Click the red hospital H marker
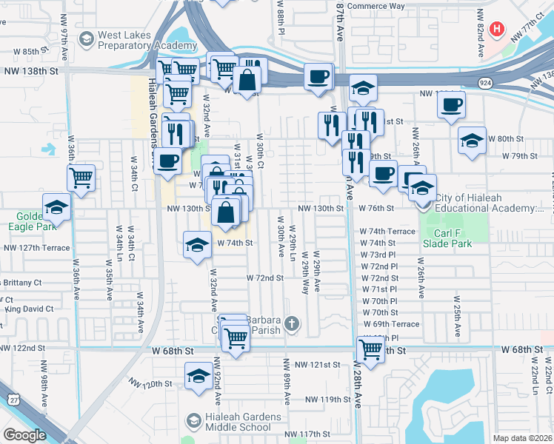point(497,30)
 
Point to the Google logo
point(24,435)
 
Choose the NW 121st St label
point(317,365)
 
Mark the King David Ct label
point(29,309)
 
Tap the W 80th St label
point(518,139)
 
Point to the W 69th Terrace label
point(390,324)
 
